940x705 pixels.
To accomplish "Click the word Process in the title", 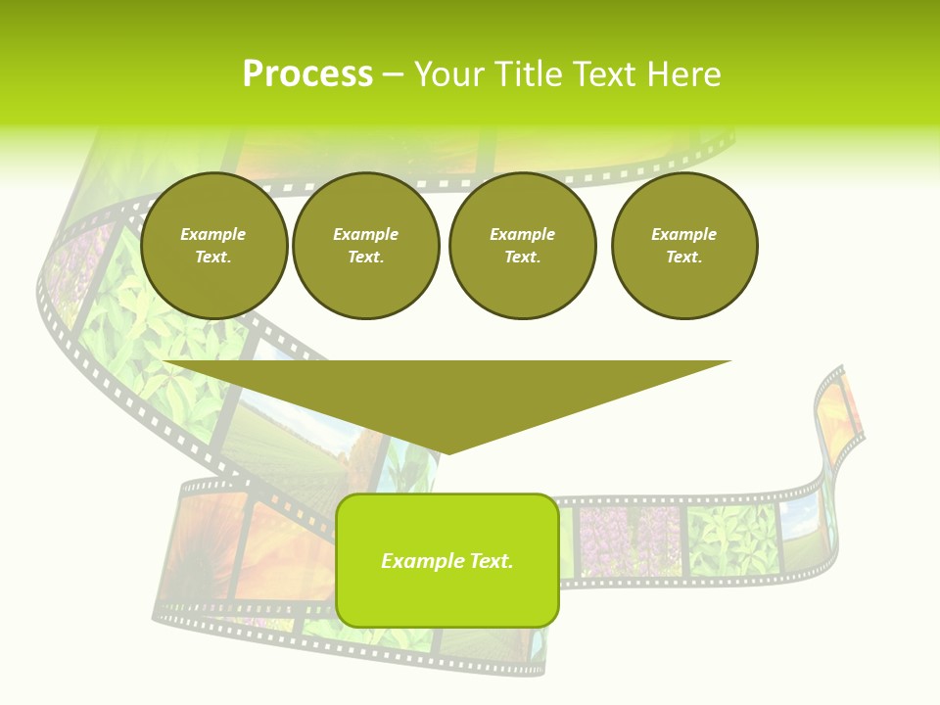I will (307, 74).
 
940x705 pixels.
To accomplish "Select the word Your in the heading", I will (449, 74).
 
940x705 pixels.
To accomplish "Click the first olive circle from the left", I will (213, 246).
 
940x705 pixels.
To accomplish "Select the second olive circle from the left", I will (365, 246).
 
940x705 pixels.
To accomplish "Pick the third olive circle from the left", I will (522, 246).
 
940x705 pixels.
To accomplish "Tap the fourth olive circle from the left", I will (684, 246).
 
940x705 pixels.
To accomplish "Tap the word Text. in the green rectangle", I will (491, 561).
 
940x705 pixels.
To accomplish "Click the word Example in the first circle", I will (213, 234).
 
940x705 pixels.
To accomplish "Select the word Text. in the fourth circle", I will (684, 258).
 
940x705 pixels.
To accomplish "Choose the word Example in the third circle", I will (522, 234).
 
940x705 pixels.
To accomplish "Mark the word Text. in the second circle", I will (365, 258).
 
